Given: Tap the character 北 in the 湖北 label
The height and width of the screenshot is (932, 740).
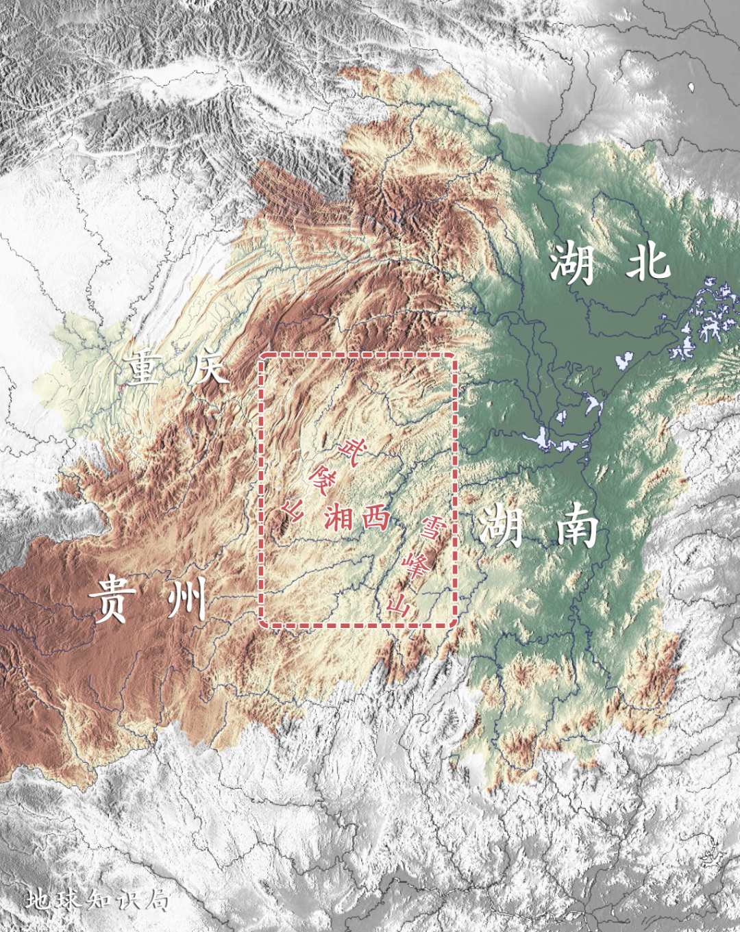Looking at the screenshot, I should (x=647, y=262).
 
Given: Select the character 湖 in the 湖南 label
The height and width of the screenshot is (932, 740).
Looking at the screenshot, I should (x=501, y=527).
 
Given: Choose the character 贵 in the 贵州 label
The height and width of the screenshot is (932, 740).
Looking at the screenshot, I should (x=110, y=599).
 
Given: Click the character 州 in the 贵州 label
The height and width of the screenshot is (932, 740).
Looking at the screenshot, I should (x=186, y=598).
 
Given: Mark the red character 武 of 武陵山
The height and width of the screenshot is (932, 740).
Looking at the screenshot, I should (x=352, y=452).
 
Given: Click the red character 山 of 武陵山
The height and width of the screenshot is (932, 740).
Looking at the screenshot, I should (x=293, y=509).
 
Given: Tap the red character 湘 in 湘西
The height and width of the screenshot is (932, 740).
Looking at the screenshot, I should (x=338, y=517).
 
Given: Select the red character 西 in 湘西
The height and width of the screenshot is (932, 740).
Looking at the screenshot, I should (x=375, y=517).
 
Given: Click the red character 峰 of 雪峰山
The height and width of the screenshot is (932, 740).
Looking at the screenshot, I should (x=416, y=566).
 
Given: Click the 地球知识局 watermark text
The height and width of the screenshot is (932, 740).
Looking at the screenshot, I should (x=98, y=900).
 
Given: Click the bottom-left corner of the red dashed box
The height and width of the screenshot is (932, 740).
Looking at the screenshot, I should (x=260, y=625).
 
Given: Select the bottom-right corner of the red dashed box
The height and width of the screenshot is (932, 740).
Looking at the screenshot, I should (x=456, y=625).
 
